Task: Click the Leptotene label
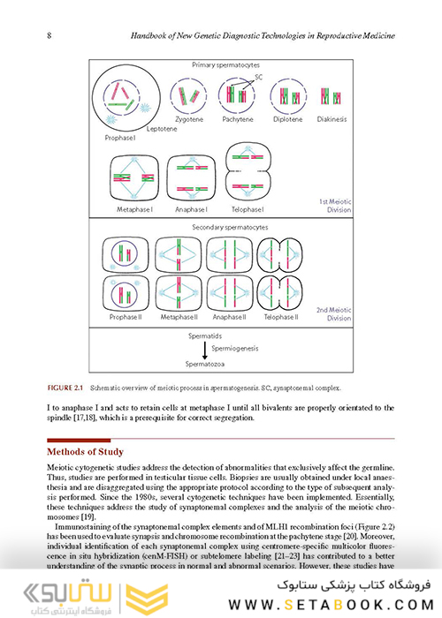162,129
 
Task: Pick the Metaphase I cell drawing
138,178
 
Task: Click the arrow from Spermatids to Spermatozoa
193,349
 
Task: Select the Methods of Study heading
85,451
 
